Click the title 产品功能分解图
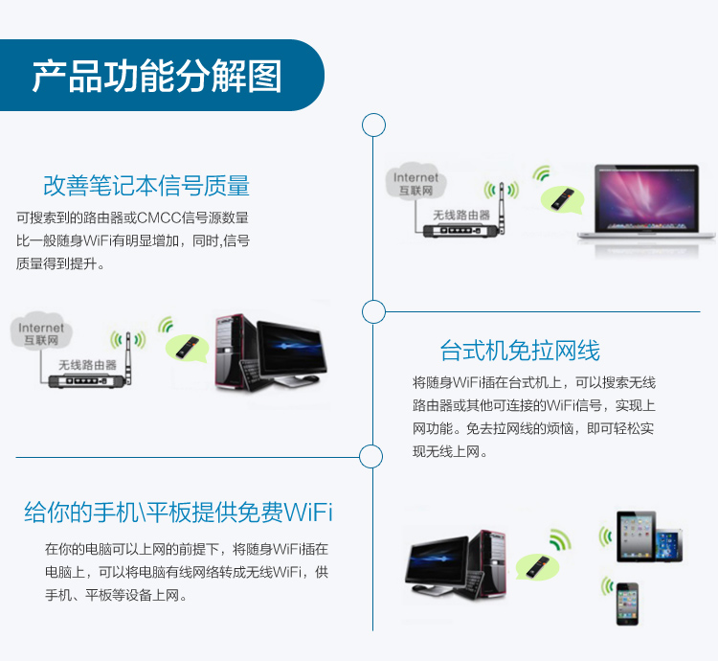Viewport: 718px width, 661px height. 157,76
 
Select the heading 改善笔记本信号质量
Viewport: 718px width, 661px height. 146,186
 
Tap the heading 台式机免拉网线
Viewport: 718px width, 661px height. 520,351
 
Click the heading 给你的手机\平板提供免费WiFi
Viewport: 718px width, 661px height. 178,513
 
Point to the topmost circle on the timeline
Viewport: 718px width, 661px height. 373,115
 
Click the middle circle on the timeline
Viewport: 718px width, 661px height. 373,302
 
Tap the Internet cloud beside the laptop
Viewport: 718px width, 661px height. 415,181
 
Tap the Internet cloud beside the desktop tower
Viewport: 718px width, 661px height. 41,331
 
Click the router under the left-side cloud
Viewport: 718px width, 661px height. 90,372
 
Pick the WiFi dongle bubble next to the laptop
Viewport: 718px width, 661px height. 562,199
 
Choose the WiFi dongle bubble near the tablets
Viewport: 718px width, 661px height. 538,566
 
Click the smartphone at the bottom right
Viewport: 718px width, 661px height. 627,604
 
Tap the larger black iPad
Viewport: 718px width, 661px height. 636,536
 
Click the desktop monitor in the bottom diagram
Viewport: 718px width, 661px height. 438,563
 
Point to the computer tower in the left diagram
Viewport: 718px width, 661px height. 235,352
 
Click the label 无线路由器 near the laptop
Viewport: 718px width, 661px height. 461,215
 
